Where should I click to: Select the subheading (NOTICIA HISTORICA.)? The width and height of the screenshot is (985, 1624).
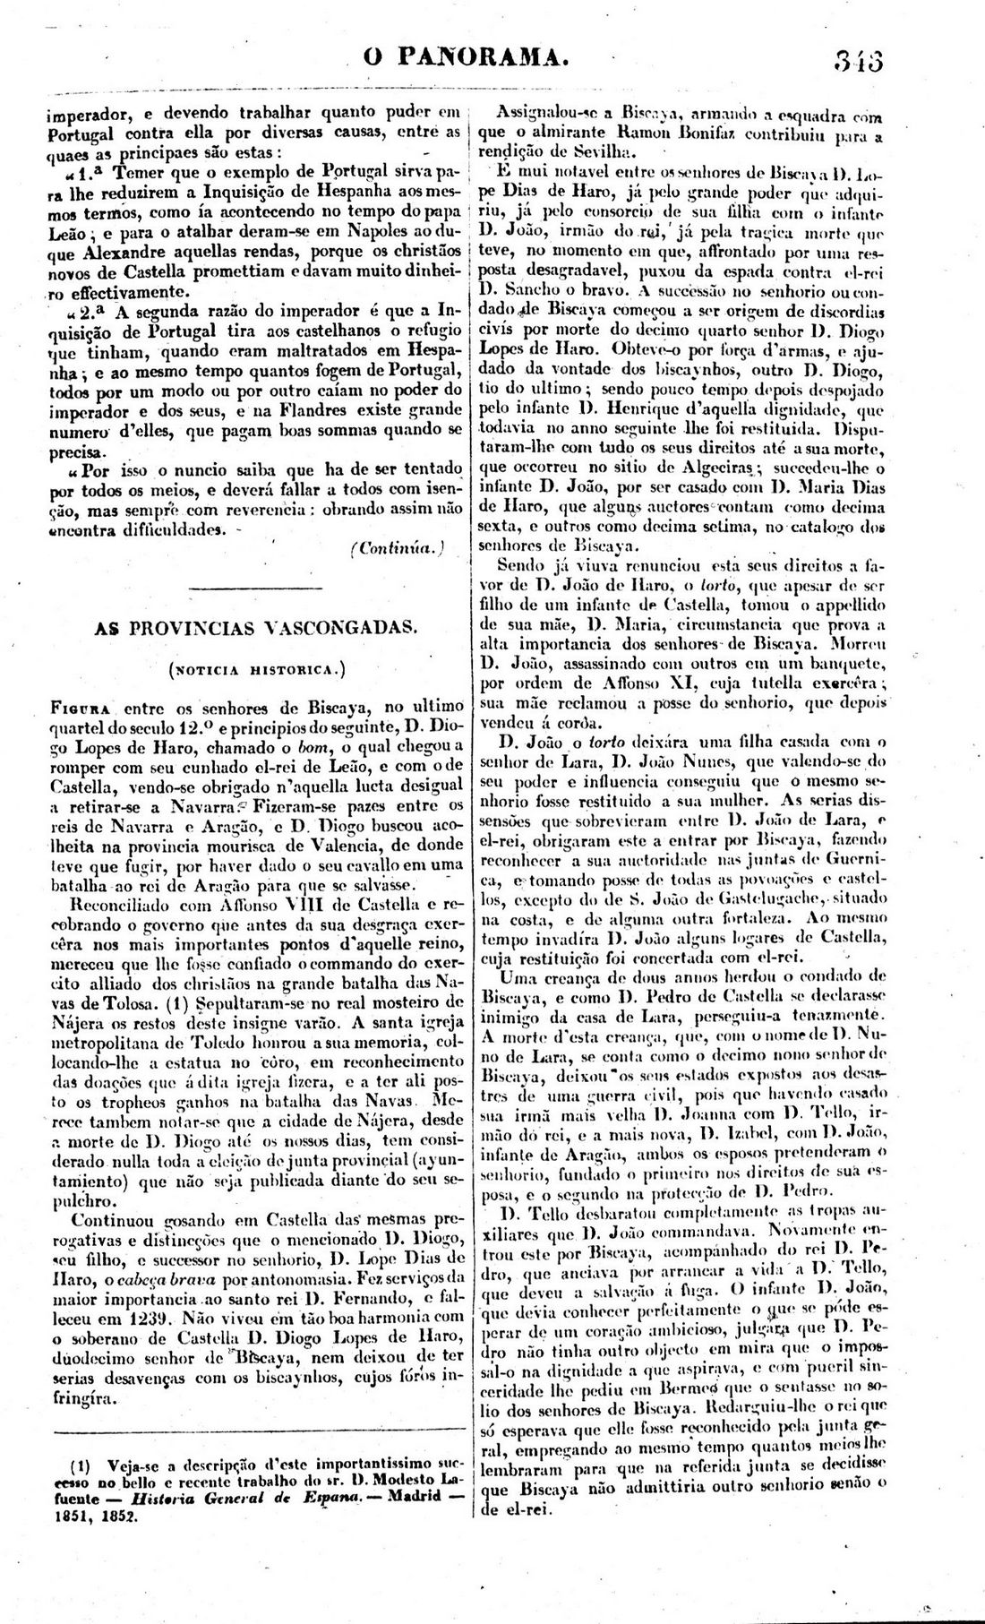[256, 667]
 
